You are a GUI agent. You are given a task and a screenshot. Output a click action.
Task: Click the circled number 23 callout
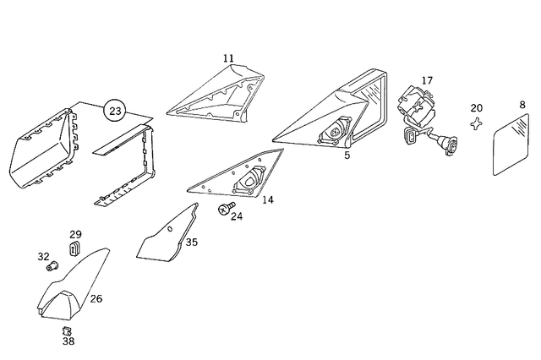coord(115,111)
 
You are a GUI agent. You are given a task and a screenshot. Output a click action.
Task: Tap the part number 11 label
coord(228,58)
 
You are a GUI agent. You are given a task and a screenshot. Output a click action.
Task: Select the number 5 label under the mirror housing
coord(347,155)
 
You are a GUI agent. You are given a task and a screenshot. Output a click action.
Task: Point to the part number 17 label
coord(427,80)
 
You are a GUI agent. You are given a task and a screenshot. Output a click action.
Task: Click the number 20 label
coord(477,108)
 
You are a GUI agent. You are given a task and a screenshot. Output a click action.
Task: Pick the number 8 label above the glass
coord(522,105)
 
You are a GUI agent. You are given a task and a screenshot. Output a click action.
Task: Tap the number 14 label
coord(268,199)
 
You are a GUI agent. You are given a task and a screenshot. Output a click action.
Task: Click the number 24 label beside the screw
coord(237,216)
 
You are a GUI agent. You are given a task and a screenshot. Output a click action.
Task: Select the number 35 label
coord(192,242)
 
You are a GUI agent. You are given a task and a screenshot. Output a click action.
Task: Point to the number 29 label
coord(75,234)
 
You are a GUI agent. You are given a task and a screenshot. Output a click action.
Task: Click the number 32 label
coord(43,257)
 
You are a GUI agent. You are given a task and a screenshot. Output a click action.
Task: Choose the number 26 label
coord(96,298)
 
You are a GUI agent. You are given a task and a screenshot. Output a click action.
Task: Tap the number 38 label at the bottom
coord(68,341)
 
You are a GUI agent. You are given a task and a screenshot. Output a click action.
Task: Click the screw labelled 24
coord(226,208)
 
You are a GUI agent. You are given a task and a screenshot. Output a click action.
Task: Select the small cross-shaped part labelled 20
coord(476,123)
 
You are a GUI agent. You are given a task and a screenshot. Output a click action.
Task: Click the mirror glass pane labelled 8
coord(511,145)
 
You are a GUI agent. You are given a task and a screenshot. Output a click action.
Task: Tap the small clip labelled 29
coord(74,248)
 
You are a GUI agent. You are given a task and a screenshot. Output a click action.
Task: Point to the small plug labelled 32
coord(52,266)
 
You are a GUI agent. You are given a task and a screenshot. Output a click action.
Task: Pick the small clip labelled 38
coord(67,331)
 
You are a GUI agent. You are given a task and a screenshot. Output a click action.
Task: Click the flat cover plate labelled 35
coord(162,238)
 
